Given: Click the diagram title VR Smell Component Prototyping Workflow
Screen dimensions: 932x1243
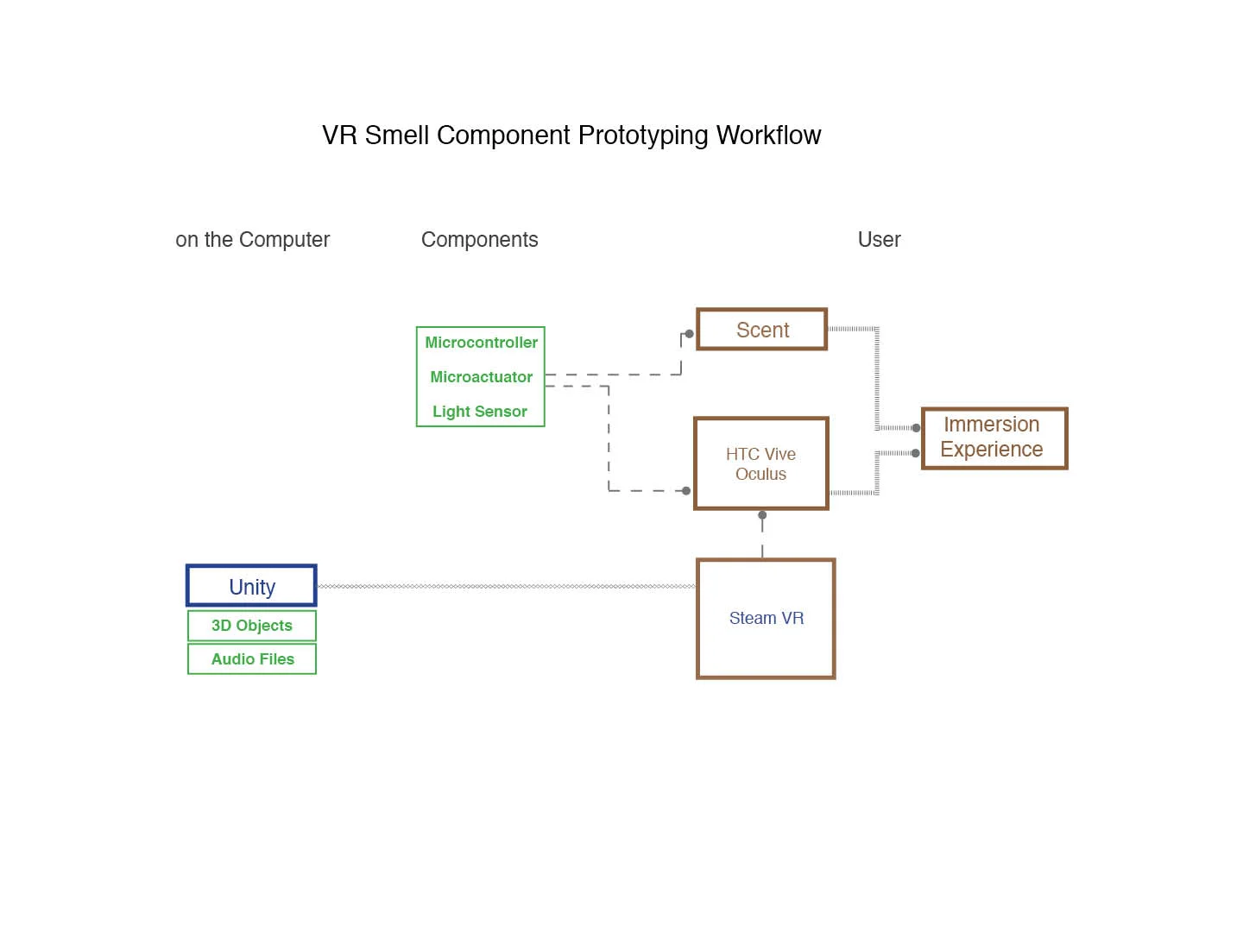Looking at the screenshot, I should click(571, 135).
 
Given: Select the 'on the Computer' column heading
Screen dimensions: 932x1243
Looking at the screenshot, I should click(252, 240).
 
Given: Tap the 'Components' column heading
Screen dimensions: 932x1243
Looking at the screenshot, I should click(479, 240).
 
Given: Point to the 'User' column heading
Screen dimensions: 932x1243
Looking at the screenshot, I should click(879, 240).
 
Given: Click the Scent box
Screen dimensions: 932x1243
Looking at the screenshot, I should click(762, 330).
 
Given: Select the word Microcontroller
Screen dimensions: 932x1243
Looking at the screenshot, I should click(481, 343).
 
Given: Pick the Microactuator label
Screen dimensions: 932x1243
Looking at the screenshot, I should click(481, 377).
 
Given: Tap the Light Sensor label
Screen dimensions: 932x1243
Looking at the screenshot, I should click(479, 412).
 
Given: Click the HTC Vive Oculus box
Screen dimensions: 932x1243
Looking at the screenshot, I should click(761, 464).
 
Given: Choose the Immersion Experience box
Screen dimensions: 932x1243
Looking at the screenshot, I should click(994, 438).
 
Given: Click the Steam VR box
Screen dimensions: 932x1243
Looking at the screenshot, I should click(766, 619).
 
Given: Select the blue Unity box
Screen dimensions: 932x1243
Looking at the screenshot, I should click(252, 587).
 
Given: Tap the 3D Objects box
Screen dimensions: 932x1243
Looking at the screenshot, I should click(252, 626).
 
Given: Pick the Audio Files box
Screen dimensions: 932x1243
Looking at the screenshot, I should click(252, 659).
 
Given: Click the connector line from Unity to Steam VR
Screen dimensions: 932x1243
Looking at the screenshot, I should click(506, 586).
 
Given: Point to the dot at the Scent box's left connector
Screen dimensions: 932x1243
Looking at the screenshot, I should click(690, 334).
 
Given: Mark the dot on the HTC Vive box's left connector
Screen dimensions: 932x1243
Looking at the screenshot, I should click(686, 491).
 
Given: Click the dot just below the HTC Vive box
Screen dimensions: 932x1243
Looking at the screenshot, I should click(762, 515).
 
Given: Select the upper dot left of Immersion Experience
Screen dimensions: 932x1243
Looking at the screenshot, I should click(916, 428).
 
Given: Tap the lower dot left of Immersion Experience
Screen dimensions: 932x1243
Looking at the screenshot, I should click(916, 453).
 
